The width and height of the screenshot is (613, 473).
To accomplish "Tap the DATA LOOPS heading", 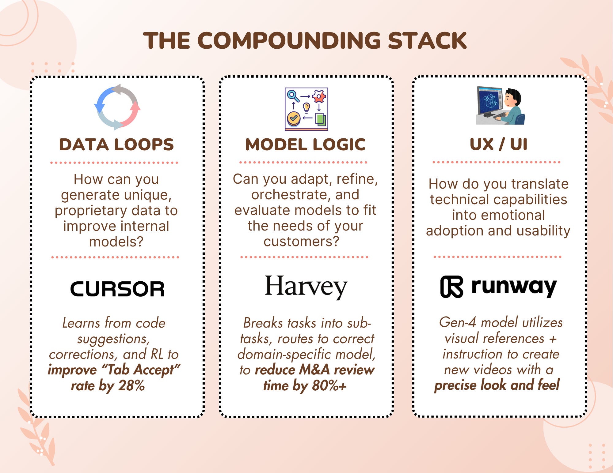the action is (116, 145).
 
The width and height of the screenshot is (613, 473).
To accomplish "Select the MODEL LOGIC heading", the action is (306, 145).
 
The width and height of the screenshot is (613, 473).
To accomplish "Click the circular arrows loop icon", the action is (117, 107).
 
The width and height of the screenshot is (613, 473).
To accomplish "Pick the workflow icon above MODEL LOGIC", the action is (306, 109).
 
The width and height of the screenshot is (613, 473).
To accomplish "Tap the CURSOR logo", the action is (117, 289).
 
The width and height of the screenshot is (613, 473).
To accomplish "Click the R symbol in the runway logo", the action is (451, 287).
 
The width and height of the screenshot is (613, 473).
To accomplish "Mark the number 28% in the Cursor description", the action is (131, 385).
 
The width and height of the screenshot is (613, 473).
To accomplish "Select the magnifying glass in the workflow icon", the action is (293, 96).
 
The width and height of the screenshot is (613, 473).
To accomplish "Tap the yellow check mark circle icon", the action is (294, 118).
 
